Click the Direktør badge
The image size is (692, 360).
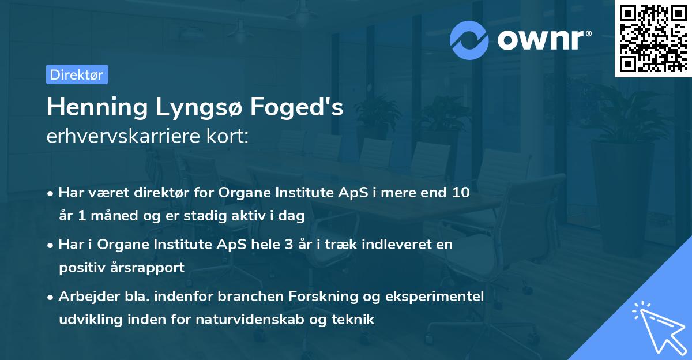point(77,74)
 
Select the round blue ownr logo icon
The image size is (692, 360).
point(469,40)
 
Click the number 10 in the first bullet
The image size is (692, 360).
point(461,193)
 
